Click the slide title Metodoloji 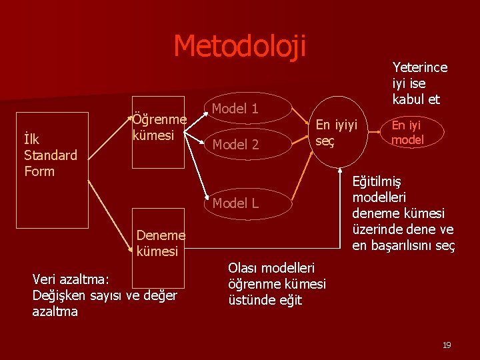[239, 46]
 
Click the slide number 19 [447, 345]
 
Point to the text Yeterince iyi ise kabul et [419, 83]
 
